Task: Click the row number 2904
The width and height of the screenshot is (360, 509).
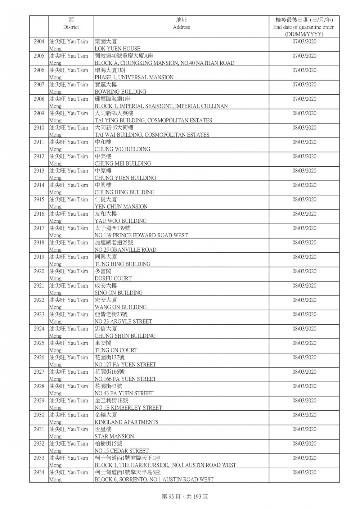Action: pyautogui.click(x=39, y=42)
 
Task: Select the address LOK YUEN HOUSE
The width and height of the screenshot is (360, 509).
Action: pyautogui.click(x=117, y=49)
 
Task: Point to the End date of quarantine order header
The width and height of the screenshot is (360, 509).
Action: pyautogui.click(x=303, y=27)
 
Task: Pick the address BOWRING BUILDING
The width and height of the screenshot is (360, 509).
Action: pyautogui.click(x=120, y=92)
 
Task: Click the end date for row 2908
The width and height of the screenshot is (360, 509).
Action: pyautogui.click(x=304, y=99)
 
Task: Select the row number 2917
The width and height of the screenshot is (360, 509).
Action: pyautogui.click(x=39, y=228)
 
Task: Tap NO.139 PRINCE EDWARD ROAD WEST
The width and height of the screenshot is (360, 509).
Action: pyautogui.click(x=141, y=235)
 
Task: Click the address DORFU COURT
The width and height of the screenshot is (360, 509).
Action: pyautogui.click(x=113, y=279)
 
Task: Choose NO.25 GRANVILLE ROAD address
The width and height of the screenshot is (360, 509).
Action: pyautogui.click(x=125, y=250)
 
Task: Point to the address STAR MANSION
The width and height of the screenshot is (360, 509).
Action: pyautogui.click(x=114, y=437)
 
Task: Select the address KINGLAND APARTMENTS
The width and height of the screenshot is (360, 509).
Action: pyautogui.click(x=126, y=422)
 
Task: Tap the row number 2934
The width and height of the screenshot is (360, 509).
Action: pyautogui.click(x=39, y=472)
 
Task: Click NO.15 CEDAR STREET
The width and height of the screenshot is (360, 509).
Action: pyautogui.click(x=121, y=451)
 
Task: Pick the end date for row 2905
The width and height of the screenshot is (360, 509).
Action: pyautogui.click(x=304, y=56)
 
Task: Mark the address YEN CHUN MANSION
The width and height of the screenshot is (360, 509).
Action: pyautogui.click(x=121, y=207)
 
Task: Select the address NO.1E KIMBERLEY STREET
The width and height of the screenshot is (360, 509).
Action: pyautogui.click(x=128, y=408)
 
